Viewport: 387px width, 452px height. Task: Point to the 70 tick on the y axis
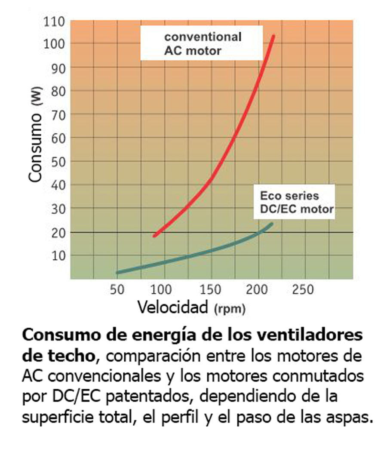(x=58, y=114)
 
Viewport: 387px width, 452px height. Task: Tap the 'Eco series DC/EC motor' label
(x=297, y=203)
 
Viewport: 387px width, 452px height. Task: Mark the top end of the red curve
(x=273, y=36)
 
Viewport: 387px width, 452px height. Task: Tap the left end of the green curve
(x=117, y=272)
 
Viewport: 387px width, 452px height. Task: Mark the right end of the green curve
(x=271, y=224)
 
